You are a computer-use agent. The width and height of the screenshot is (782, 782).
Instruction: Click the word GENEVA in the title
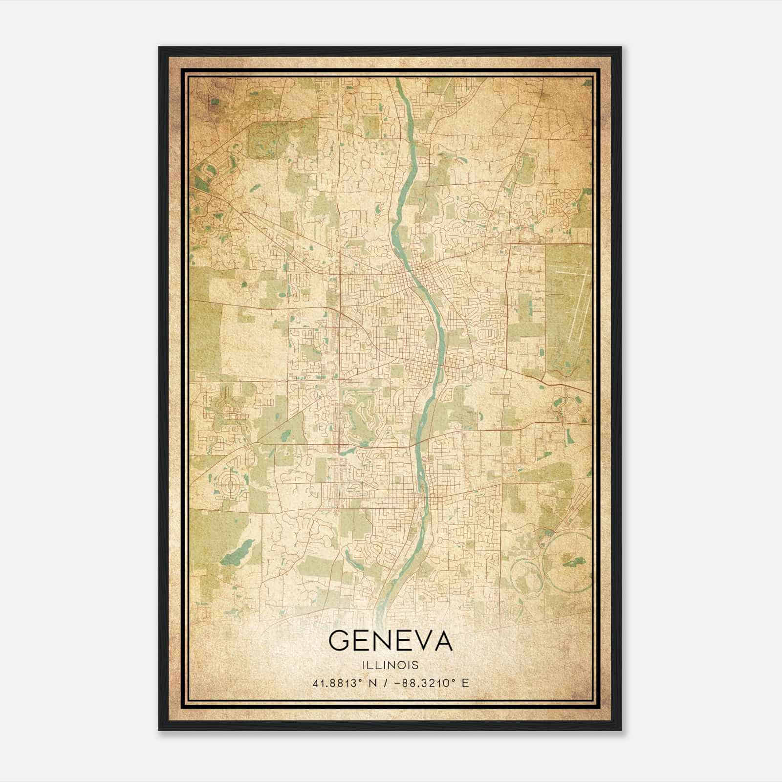click(x=391, y=641)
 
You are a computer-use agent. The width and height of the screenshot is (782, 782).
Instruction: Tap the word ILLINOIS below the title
click(x=391, y=665)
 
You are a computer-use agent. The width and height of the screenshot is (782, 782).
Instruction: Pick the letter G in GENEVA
click(x=339, y=641)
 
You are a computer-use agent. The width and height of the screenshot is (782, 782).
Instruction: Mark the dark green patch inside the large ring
click(x=575, y=562)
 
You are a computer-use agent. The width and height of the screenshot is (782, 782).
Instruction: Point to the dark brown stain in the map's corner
click(x=214, y=102)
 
